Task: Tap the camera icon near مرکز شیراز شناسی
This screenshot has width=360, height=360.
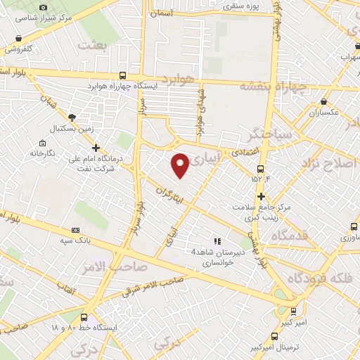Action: pyautogui.click(x=44, y=7)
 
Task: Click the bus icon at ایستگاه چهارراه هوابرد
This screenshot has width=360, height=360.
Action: pyautogui.click(x=123, y=76)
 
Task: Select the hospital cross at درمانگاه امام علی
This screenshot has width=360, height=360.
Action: pyautogui.click(x=96, y=148)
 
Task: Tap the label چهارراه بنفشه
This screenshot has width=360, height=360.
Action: pyautogui.click(x=274, y=86)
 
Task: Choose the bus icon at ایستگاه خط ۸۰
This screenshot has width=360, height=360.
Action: pyautogui.click(x=84, y=318)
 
